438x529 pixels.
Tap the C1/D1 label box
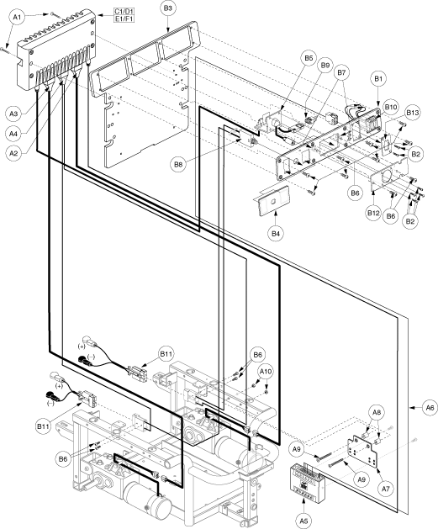(124, 13)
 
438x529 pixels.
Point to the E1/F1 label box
(124, 19)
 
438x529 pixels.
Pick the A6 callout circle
(430, 408)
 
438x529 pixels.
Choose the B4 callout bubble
(276, 233)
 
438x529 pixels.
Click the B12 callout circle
(373, 214)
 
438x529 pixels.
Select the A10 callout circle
(266, 372)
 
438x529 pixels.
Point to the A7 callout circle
(386, 488)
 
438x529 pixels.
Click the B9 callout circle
(325, 66)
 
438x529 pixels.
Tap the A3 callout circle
(13, 114)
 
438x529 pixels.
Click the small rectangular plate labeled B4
(274, 201)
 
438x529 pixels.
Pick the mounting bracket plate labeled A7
(363, 451)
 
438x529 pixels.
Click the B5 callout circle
(309, 58)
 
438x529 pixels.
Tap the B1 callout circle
(378, 79)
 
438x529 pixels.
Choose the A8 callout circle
(377, 412)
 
